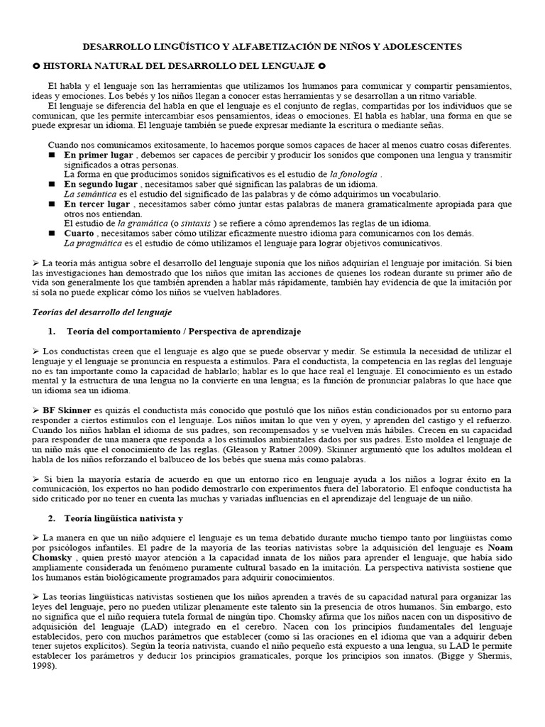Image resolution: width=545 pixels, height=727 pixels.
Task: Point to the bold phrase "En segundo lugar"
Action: point(101,183)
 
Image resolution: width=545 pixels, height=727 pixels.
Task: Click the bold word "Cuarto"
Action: point(79,233)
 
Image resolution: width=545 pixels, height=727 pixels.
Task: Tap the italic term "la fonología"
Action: point(354,173)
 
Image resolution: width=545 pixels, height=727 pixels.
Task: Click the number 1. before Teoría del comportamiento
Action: point(52,332)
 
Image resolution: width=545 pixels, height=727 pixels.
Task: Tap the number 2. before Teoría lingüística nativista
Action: point(52,519)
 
